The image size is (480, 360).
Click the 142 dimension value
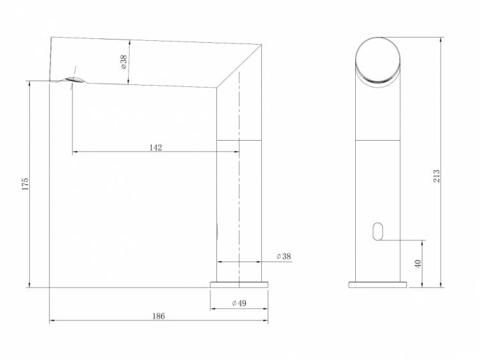click(x=156, y=148)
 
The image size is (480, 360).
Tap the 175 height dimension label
click(x=25, y=184)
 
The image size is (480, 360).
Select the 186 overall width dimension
click(x=159, y=316)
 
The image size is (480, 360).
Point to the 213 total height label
click(x=436, y=176)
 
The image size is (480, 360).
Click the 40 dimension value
click(x=417, y=263)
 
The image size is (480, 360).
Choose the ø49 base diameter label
click(x=239, y=303)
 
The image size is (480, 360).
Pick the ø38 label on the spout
click(x=124, y=62)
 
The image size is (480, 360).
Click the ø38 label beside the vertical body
click(x=284, y=256)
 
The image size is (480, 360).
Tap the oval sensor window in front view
click(x=378, y=231)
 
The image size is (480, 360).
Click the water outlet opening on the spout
click(x=74, y=80)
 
